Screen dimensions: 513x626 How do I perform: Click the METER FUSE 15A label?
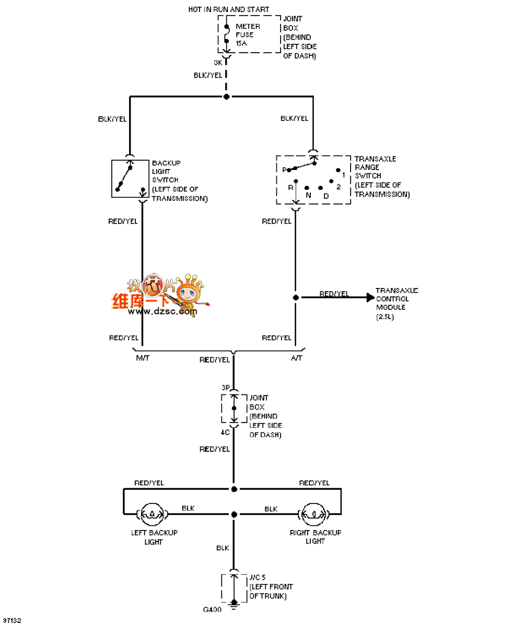(x=244, y=35)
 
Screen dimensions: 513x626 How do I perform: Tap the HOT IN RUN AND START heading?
(x=229, y=9)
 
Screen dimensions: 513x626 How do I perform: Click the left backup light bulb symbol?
(x=152, y=514)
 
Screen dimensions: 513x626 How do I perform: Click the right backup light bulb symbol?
(x=314, y=514)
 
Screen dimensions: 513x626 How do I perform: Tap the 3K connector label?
(x=218, y=63)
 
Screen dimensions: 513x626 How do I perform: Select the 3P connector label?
(x=226, y=388)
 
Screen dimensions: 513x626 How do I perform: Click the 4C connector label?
(x=225, y=432)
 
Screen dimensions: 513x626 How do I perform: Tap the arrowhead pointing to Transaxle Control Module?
(x=370, y=297)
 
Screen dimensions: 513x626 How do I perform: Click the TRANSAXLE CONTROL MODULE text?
(x=396, y=303)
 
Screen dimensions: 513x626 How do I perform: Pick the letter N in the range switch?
(x=308, y=195)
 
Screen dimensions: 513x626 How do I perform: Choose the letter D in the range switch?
(x=326, y=196)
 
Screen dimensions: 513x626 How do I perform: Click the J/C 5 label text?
(x=257, y=577)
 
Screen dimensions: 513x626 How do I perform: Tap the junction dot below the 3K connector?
(x=226, y=97)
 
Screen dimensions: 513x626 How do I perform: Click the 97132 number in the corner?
(x=11, y=621)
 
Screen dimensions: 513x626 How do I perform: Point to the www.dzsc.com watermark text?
(x=162, y=311)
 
